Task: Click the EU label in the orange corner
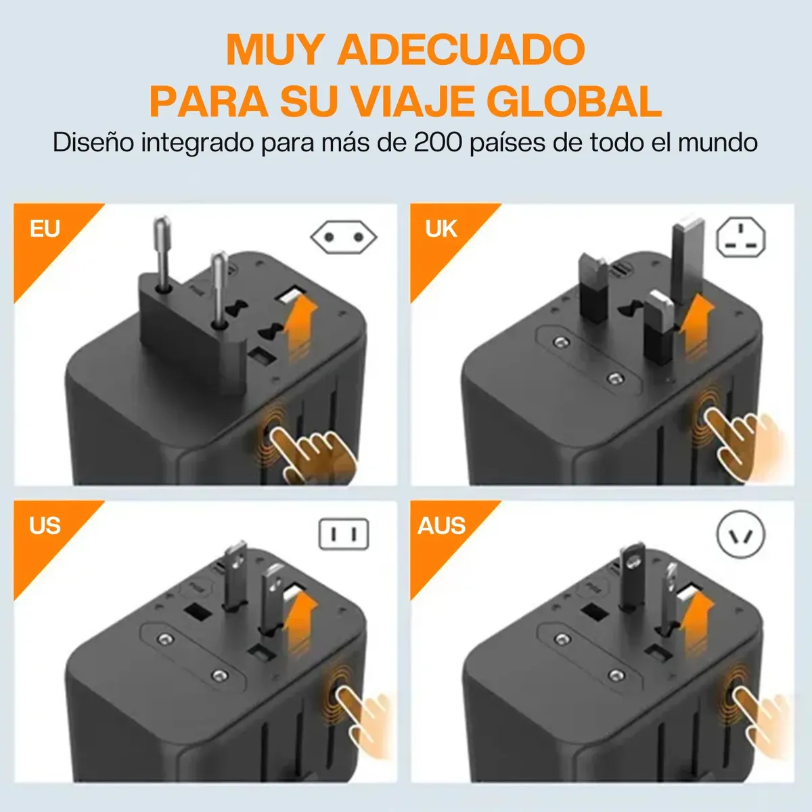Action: click(45, 229)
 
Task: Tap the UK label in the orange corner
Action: click(441, 229)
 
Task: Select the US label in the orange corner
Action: click(45, 526)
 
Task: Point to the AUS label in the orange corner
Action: click(442, 526)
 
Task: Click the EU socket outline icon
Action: click(344, 238)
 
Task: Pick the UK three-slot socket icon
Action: click(741, 237)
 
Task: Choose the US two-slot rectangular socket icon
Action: click(344, 535)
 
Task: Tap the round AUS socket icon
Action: click(741, 535)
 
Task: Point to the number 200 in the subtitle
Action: click(438, 143)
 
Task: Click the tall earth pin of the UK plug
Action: click(687, 259)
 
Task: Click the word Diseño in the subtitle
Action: click(93, 143)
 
